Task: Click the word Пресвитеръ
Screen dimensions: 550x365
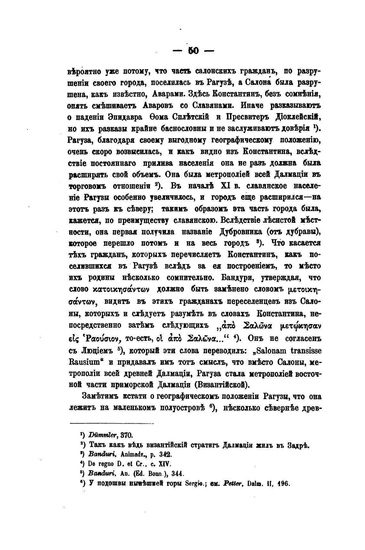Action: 249,117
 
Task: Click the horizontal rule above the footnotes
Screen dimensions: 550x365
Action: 112,424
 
